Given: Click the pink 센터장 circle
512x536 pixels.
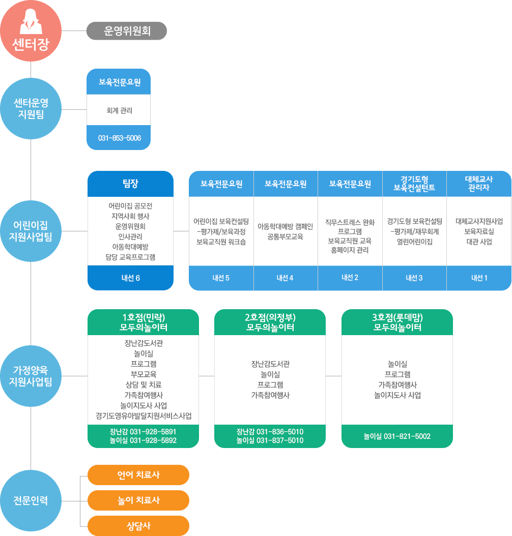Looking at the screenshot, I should click(x=31, y=31).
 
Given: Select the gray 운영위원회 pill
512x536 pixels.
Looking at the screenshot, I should click(x=127, y=31).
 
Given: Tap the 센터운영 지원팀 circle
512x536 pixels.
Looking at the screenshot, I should click(x=31, y=109).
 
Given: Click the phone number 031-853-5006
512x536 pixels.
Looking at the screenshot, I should click(x=119, y=138).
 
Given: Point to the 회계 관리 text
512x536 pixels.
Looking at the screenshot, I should click(x=119, y=110).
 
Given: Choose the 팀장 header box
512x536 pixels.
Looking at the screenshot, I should click(x=130, y=184).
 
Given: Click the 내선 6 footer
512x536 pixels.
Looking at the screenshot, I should click(x=130, y=278).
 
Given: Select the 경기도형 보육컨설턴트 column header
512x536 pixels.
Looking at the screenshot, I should click(x=414, y=184).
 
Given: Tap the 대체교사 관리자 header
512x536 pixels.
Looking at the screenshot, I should click(x=478, y=184).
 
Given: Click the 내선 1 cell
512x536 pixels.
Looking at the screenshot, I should click(x=478, y=278).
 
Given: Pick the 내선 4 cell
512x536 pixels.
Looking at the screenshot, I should click(x=285, y=278).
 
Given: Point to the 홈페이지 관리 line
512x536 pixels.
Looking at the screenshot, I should click(x=350, y=250).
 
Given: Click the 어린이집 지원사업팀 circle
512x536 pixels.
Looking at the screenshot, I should click(x=31, y=230).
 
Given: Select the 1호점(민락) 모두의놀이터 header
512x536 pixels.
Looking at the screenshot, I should click(x=144, y=322).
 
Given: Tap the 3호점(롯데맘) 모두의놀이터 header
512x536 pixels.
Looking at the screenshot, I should click(x=397, y=322).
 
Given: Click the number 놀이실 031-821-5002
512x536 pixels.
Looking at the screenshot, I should click(x=397, y=436).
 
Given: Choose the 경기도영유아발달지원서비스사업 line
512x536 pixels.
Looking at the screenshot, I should click(x=144, y=416).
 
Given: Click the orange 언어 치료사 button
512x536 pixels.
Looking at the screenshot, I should click(x=138, y=475).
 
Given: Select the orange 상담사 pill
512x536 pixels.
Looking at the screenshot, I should click(x=138, y=526).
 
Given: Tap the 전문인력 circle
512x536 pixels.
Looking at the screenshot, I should click(x=31, y=500).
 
